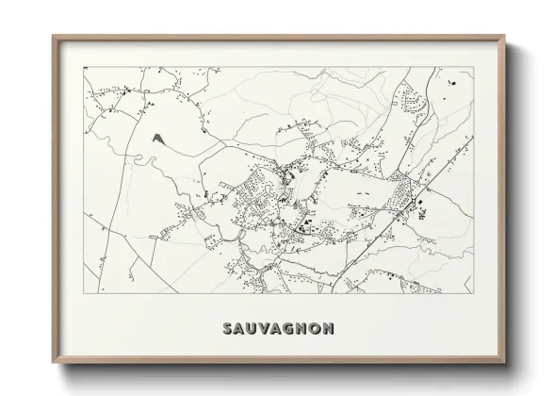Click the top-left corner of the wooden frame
pyautogui.click(x=53, y=36)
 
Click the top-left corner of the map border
pyautogui.click(x=84, y=67)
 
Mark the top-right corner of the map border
pyautogui.click(x=474, y=67)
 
